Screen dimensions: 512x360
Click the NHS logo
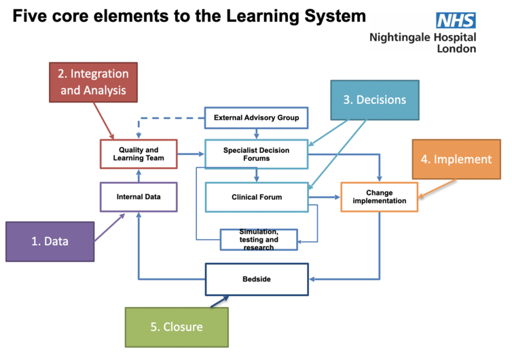[456, 20]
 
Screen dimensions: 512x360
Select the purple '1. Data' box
[50, 241]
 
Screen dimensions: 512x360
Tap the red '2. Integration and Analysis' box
[94, 82]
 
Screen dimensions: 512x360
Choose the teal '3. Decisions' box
[375, 100]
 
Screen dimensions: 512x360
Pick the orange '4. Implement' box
[456, 159]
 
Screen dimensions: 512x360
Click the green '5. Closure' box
[177, 327]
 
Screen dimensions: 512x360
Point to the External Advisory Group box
[256, 118]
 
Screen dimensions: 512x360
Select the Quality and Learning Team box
[139, 154]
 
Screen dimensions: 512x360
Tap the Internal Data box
[139, 197]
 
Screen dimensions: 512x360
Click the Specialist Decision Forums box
[256, 154]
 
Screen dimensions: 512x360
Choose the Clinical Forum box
[257, 197]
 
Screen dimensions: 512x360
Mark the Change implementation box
[380, 197]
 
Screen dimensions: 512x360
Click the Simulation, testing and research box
[259, 240]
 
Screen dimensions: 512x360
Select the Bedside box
[257, 279]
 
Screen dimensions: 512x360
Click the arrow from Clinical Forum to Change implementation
[325, 197]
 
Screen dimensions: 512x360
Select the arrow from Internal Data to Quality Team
[139, 176]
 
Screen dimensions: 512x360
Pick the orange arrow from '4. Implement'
[437, 189]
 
